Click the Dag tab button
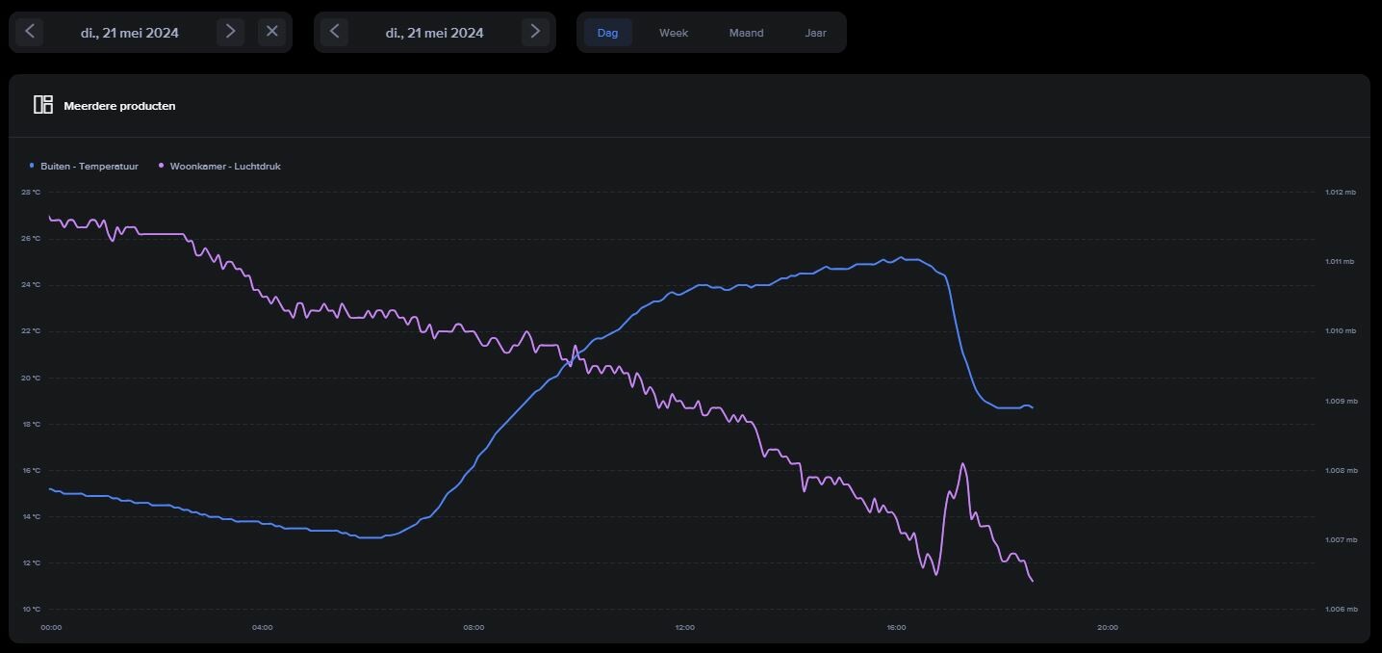click(x=607, y=33)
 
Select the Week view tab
click(x=674, y=33)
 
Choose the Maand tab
click(x=746, y=33)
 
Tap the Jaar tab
click(x=815, y=33)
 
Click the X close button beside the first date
click(x=272, y=32)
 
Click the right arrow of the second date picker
click(x=535, y=32)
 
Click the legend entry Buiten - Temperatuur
click(x=89, y=167)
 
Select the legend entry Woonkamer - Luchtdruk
click(x=224, y=167)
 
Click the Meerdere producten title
click(x=119, y=106)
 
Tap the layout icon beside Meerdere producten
click(x=43, y=105)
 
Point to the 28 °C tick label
click(x=31, y=192)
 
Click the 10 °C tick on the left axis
click(x=31, y=609)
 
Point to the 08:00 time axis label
click(x=473, y=628)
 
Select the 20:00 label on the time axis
click(x=1108, y=628)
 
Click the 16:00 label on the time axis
click(x=896, y=628)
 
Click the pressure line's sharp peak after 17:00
click(x=962, y=464)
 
